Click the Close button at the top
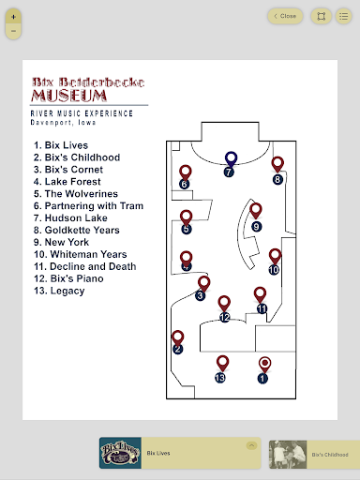click(285, 16)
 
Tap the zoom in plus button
click(13, 17)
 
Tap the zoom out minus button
click(13, 31)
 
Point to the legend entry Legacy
click(59, 291)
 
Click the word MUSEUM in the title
click(69, 96)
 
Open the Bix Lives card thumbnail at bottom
click(120, 453)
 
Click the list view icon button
click(344, 16)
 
